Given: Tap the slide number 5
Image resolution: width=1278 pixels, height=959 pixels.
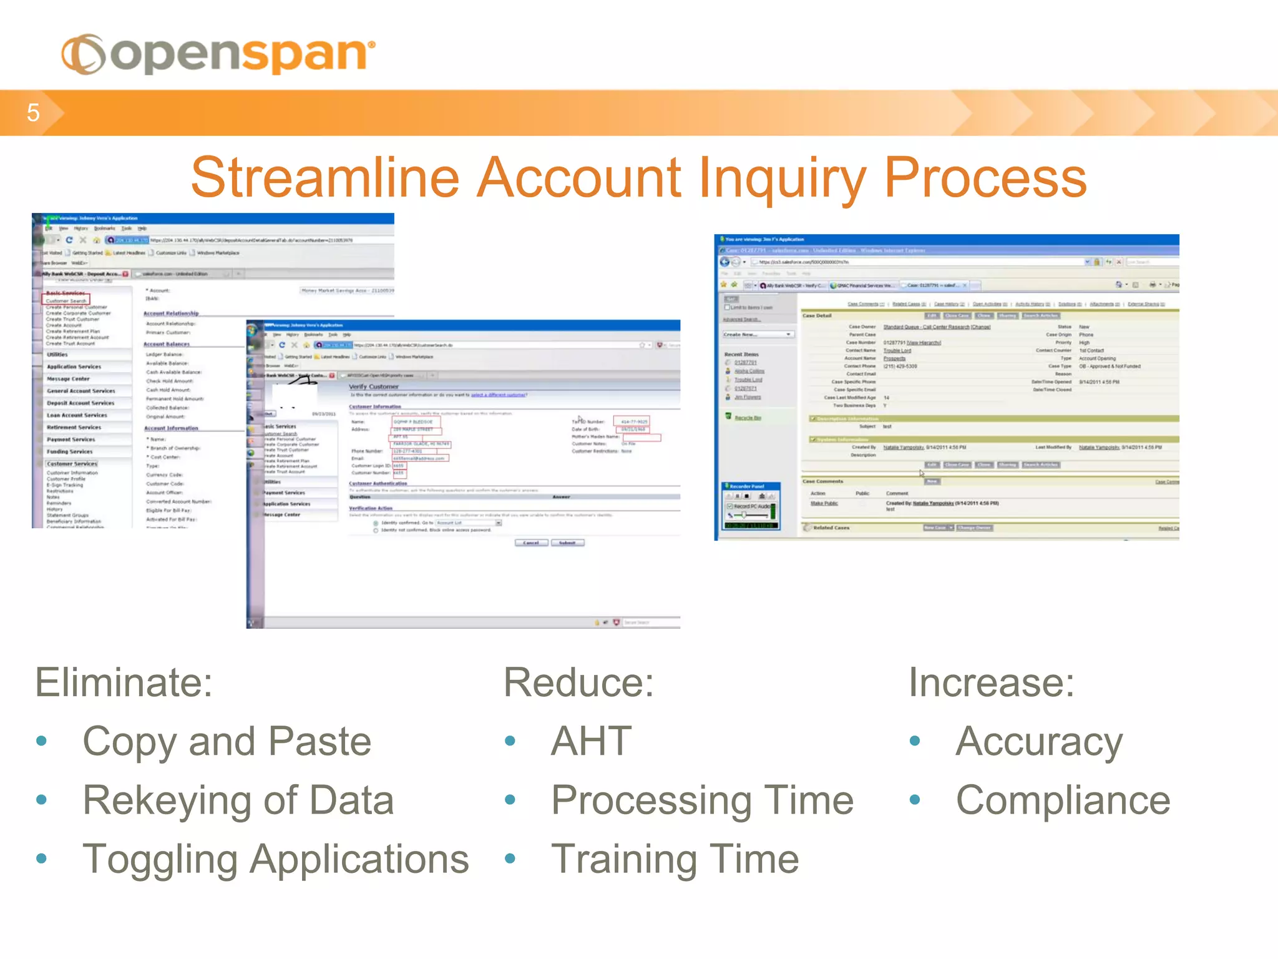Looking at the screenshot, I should [x=33, y=113].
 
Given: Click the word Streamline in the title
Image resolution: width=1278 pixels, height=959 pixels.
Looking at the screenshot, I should [x=324, y=178].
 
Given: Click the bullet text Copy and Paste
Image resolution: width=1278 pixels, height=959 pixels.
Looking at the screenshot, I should [x=227, y=741].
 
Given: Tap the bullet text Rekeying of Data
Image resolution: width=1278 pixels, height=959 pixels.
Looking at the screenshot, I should [x=238, y=800].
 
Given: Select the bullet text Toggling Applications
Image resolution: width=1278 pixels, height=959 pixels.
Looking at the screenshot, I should [x=275, y=859].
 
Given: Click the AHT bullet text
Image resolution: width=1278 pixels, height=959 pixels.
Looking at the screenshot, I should [x=590, y=741].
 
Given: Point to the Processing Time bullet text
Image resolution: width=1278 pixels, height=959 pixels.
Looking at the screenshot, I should [x=702, y=800].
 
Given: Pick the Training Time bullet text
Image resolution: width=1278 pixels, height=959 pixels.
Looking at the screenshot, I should [x=675, y=859].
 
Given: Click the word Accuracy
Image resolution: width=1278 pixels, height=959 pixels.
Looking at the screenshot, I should [x=1038, y=741].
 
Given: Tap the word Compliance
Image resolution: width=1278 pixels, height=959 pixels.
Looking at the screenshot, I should [x=1063, y=800].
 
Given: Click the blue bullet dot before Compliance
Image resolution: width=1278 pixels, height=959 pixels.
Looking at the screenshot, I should [x=915, y=800].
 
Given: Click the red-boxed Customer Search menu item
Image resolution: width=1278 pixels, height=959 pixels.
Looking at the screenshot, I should [x=66, y=300].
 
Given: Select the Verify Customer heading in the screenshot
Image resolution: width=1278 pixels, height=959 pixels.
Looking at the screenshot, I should [x=373, y=386].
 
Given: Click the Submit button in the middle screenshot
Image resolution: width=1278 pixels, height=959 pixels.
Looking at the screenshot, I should [x=567, y=543].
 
